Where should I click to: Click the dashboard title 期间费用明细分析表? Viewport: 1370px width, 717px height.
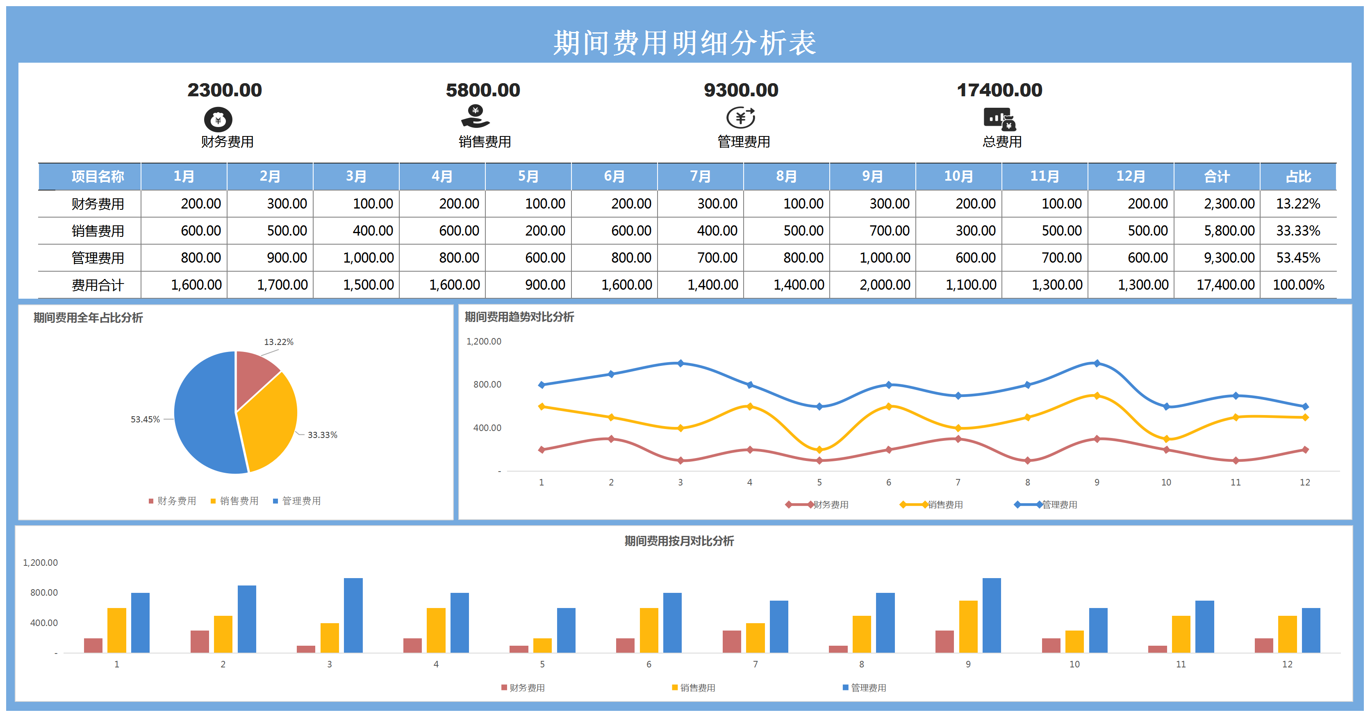click(685, 43)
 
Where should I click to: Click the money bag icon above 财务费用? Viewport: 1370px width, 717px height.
click(218, 120)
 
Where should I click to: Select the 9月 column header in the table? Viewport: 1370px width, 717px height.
click(872, 177)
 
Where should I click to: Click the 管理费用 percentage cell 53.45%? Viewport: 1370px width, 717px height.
click(1298, 258)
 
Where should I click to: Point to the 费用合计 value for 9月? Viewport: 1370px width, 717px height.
click(885, 285)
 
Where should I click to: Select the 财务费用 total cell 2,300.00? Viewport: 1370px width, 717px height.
click(1229, 204)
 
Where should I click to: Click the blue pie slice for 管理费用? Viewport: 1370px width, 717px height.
click(205, 415)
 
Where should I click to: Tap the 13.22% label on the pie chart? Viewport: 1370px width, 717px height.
click(279, 342)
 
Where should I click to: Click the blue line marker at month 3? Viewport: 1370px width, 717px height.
click(680, 363)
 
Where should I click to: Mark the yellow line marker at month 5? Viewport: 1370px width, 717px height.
click(819, 449)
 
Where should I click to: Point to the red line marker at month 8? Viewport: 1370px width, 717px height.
click(1027, 460)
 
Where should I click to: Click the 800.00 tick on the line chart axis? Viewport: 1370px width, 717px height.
click(487, 384)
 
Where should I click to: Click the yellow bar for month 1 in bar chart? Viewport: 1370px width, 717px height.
click(116, 631)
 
